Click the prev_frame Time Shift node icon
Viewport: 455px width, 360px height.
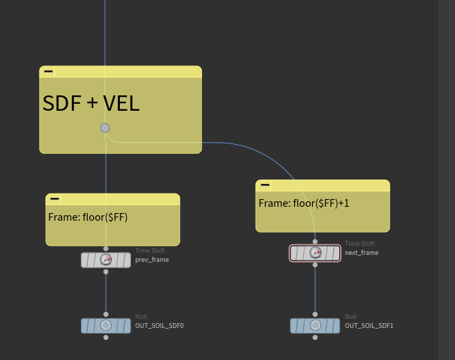pos(106,260)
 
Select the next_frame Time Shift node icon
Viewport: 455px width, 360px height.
pos(315,253)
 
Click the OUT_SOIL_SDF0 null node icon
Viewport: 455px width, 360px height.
pos(106,325)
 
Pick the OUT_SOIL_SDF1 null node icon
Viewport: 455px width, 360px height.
pos(315,325)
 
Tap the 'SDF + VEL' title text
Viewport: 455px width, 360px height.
pos(91,104)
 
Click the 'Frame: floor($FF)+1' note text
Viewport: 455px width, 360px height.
pos(304,203)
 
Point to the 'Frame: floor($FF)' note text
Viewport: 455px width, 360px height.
pos(88,217)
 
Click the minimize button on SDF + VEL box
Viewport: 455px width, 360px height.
pos(48,71)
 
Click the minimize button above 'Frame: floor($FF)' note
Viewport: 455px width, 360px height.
pos(54,198)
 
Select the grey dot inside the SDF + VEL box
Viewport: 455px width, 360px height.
pos(105,127)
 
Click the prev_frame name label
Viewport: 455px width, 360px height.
pos(152,260)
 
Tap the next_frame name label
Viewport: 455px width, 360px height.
pos(362,253)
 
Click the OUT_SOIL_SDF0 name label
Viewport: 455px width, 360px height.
pos(160,325)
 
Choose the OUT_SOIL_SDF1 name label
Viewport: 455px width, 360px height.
pos(369,325)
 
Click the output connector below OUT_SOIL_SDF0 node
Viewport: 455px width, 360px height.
pos(106,337)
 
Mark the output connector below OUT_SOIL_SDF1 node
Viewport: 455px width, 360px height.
pos(315,337)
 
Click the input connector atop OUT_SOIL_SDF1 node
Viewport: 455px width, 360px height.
pos(315,314)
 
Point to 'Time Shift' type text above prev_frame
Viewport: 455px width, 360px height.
pos(150,251)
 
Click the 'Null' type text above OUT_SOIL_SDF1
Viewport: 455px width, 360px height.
pos(350,317)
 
